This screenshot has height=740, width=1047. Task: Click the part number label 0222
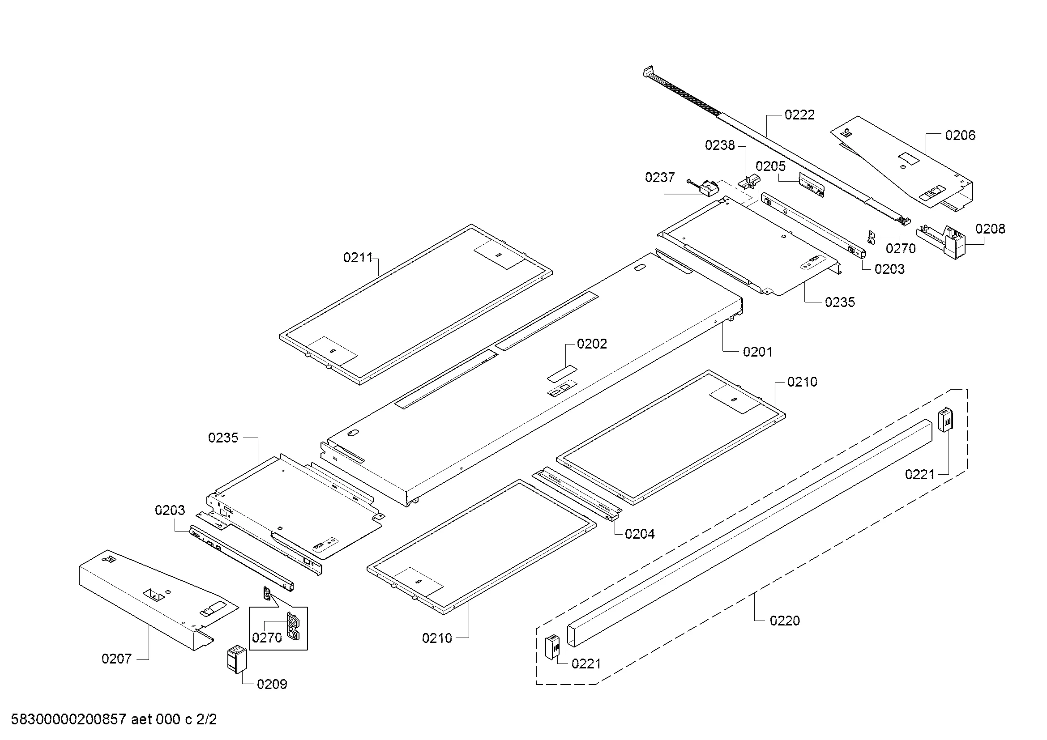pos(799,115)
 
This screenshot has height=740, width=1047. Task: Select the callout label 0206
pos(960,135)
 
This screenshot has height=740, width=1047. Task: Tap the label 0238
pos(720,145)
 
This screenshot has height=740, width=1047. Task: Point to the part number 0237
pos(659,177)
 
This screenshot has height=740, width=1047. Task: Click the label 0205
pos(771,166)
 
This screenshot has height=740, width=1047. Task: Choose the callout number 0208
pos(990,229)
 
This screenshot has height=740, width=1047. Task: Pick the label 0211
pos(358,258)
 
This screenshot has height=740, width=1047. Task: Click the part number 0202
pos(591,344)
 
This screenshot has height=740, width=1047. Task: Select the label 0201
pos(757,352)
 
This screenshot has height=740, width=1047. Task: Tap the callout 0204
pos(639,534)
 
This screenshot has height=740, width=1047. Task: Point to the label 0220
pos(784,621)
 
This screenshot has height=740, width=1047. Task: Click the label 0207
pos(116,659)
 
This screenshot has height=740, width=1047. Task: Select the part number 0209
pos(272,685)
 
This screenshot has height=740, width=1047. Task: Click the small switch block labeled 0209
pos(237,659)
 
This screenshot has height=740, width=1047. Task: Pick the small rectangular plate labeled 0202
pos(562,374)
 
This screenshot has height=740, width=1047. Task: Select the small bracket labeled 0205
pos(812,185)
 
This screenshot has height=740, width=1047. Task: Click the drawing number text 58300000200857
pos(68,719)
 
